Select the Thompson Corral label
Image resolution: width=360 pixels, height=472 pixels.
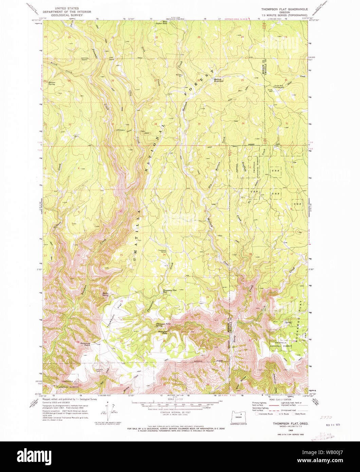click(x=162, y=252)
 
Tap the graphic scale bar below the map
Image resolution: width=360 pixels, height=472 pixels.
click(x=175, y=405)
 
